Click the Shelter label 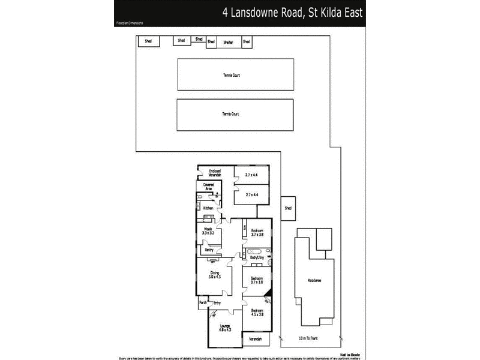pyautogui.click(x=227, y=43)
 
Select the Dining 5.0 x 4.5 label pyautogui.click(x=214, y=275)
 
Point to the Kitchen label pyautogui.click(x=208, y=208)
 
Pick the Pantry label pyautogui.click(x=209, y=250)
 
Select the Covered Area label pyautogui.click(x=208, y=187)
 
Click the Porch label pyautogui.click(x=202, y=303)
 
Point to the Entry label pyautogui.click(x=217, y=303)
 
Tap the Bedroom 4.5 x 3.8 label pyautogui.click(x=257, y=312)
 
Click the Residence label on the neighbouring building pyautogui.click(x=314, y=280)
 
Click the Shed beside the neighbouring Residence pyautogui.click(x=287, y=208)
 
